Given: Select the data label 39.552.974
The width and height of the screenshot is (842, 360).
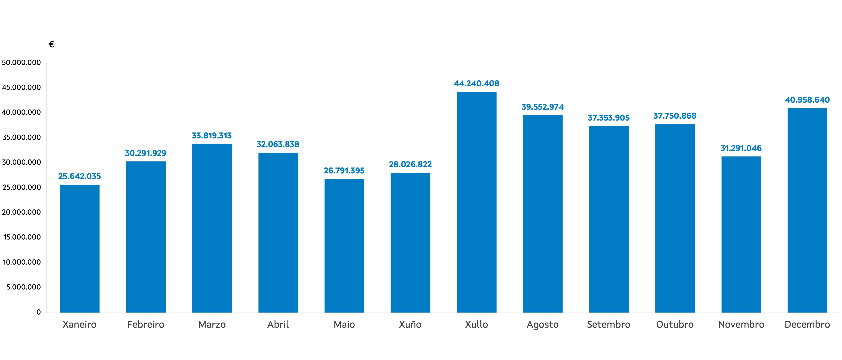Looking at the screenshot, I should tap(543, 107).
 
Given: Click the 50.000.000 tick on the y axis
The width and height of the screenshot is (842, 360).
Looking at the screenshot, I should tap(21, 62).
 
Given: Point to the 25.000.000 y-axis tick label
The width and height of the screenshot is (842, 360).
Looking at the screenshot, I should tap(21, 187).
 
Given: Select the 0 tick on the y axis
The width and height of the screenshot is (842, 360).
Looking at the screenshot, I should tap(39, 312).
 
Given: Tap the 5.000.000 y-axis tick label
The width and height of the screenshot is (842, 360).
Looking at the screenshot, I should tap(23, 287).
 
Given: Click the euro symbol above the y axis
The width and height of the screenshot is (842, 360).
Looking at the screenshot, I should tap(51, 44).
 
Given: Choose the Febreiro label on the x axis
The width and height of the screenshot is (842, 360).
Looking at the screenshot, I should tap(146, 324).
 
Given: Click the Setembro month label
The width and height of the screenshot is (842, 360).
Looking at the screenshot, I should tap(609, 324).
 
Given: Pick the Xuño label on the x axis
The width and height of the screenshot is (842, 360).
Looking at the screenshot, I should tap(410, 324).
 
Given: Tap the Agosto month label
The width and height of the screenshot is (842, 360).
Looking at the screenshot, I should tap(543, 324).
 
